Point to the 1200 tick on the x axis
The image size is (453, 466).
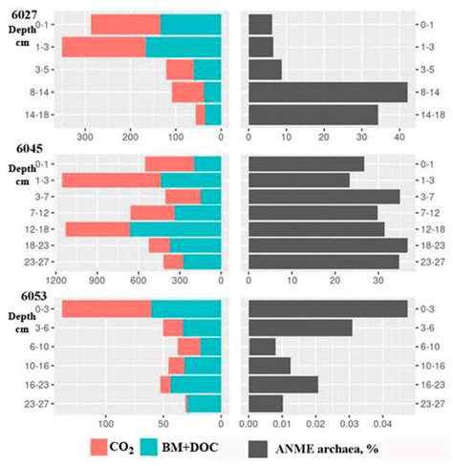pyautogui.click(x=58, y=281)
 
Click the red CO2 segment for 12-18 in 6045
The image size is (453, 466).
pyautogui.click(x=97, y=228)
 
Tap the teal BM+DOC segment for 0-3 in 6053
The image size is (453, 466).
pyautogui.click(x=186, y=308)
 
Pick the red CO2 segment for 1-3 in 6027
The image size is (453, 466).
pyautogui.click(x=104, y=47)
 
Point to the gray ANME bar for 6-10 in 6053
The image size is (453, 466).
pyautogui.click(x=262, y=346)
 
